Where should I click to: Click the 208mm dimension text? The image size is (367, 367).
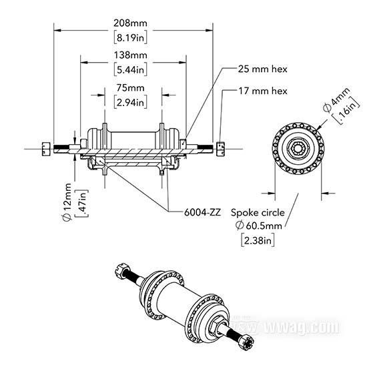[x=130, y=23]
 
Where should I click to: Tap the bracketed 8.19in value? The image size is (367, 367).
[x=131, y=37]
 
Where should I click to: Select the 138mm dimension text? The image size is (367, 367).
[x=131, y=55]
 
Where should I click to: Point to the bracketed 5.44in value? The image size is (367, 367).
[x=131, y=69]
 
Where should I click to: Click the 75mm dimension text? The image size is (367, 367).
[x=131, y=88]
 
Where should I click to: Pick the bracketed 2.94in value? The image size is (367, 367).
[x=131, y=102]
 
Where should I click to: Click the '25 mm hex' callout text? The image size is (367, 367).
[x=263, y=69]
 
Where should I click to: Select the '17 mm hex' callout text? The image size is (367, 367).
[x=263, y=91]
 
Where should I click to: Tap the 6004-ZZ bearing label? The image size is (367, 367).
[x=202, y=212]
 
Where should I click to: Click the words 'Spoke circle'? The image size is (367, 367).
[x=258, y=212]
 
